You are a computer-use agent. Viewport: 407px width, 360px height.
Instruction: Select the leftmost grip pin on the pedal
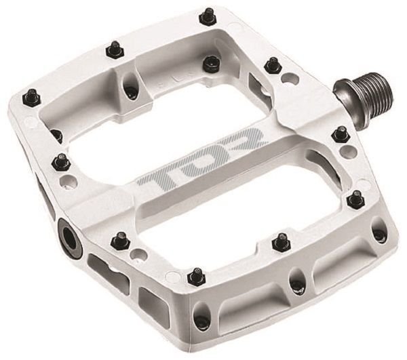[x=31, y=98]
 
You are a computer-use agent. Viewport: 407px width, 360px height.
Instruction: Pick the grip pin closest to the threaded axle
[x=341, y=134]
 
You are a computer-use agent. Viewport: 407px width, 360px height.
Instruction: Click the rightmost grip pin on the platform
[x=355, y=198]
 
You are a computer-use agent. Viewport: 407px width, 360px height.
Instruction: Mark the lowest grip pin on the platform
[x=196, y=276]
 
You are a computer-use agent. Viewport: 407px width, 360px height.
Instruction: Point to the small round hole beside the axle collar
[x=290, y=79]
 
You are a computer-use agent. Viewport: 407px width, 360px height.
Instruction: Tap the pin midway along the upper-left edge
[x=115, y=49]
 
